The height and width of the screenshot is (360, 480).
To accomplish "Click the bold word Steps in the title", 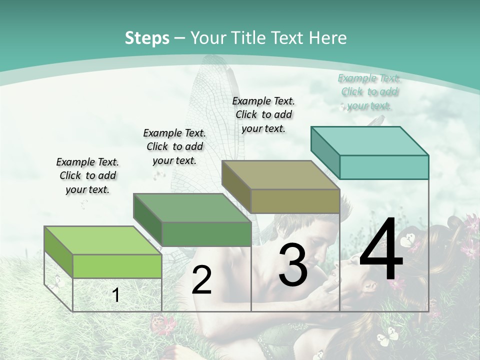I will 147,38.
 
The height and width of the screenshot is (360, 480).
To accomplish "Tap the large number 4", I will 381,250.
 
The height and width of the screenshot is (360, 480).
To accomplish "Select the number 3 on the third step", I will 293,265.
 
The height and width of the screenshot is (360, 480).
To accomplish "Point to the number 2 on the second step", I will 201,280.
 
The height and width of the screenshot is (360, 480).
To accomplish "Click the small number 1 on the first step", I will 115,295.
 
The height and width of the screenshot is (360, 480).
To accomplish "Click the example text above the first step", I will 87,175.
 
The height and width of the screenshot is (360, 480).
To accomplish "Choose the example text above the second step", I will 174,146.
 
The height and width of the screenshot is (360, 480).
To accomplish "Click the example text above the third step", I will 263,114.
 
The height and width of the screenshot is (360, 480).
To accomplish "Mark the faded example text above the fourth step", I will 369,91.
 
